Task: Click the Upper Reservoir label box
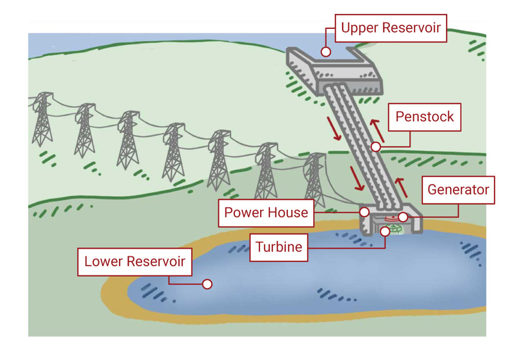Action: pos(391,28)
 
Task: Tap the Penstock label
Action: pos(424,116)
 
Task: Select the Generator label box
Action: pos(458,190)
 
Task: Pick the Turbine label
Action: pos(279,247)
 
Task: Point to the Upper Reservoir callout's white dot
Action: pos(325,52)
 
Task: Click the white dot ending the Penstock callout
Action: pos(376,147)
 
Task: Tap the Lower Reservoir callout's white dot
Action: pos(208,284)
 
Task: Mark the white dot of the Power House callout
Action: pos(365,212)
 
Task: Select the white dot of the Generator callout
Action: pos(403,217)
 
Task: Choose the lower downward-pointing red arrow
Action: pos(357,178)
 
